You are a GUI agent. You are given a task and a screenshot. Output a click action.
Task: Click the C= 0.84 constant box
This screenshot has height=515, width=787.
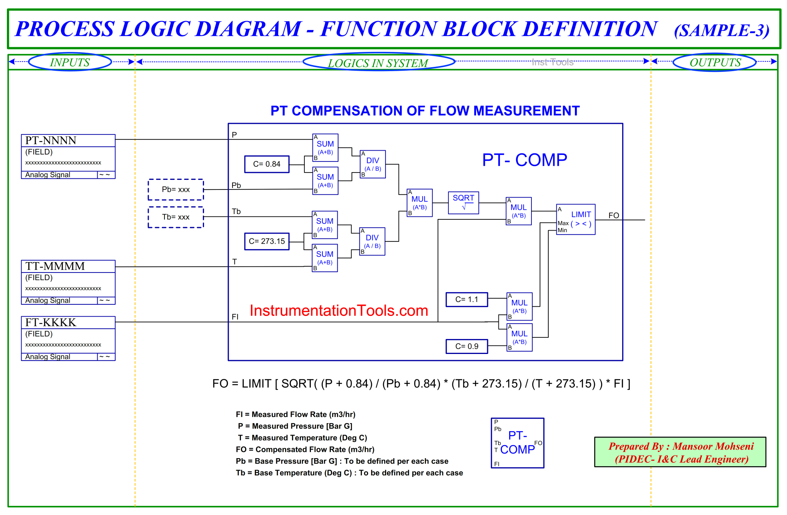pos(267,164)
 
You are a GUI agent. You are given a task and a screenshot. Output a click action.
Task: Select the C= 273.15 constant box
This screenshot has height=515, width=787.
pos(267,241)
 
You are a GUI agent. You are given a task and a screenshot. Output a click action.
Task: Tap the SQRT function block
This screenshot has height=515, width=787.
pos(463,203)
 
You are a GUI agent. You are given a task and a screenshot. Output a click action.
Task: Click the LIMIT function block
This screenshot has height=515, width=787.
pos(576,219)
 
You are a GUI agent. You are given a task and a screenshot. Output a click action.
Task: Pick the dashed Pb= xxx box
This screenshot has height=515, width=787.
pos(176,189)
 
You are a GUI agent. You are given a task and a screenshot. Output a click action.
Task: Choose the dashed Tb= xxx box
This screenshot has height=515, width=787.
pos(176,217)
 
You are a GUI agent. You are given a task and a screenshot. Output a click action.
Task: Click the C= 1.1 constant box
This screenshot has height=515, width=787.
pos(467,299)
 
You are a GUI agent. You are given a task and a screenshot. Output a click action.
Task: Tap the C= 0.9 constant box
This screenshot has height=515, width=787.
pos(467,346)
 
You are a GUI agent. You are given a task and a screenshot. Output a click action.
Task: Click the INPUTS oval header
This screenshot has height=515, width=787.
pos(70,62)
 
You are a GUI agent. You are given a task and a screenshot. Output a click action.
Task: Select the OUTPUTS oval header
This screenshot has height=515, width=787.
pos(715,62)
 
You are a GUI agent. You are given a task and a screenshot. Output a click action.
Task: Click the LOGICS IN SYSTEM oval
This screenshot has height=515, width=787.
pos(379,62)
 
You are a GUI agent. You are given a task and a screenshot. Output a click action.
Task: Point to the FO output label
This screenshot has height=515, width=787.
pos(614,215)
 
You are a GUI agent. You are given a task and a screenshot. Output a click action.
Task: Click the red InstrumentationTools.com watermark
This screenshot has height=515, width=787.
pos(339,311)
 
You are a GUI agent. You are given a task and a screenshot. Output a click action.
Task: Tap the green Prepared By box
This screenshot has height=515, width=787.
pos(680,452)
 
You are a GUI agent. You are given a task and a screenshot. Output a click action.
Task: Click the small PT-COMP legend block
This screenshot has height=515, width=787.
pos(517,443)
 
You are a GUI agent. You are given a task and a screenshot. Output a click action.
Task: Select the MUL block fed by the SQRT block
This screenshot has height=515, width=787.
pos(519,211)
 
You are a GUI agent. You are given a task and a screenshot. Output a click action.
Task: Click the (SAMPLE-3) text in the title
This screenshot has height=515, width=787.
pos(721,30)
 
